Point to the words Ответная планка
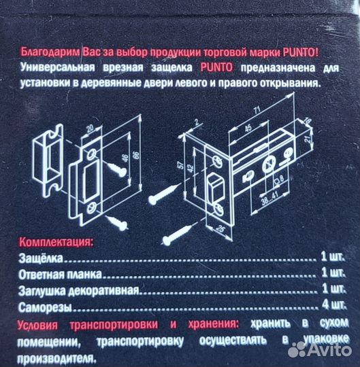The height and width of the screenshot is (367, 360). tap(61, 274)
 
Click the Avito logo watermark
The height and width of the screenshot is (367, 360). tap(320, 349)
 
